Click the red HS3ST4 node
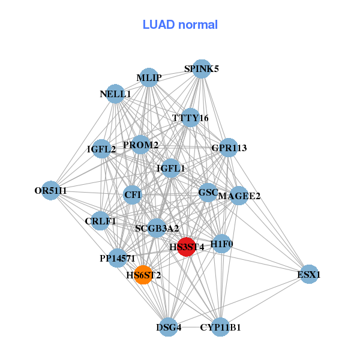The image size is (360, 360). [x=187, y=247]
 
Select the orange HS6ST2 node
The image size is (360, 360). [x=143, y=275]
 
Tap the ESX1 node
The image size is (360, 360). [x=308, y=274]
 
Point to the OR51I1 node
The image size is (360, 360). [x=52, y=191]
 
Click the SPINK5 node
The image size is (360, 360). [x=202, y=69]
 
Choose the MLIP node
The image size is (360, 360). [x=148, y=77]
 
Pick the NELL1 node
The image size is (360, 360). [x=115, y=94]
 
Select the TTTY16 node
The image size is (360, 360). [x=190, y=118]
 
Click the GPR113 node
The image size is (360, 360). [x=229, y=148]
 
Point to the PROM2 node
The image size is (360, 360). [x=140, y=145]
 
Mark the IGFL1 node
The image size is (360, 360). [x=171, y=169]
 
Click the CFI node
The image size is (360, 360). [x=132, y=194]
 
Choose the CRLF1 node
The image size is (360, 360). [x=100, y=221]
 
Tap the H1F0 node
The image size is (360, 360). [x=222, y=244]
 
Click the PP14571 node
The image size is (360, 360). [x=118, y=258]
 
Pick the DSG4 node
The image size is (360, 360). [x=169, y=327]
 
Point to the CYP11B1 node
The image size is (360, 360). [x=220, y=327]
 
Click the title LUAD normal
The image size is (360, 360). [x=180, y=25]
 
